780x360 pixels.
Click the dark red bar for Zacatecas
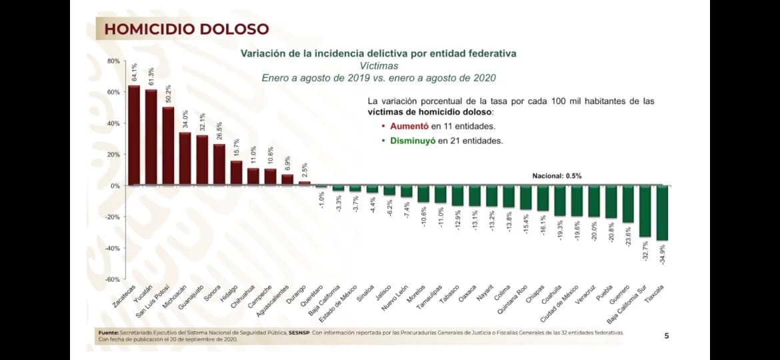click(x=134, y=135)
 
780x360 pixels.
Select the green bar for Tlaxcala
click(x=662, y=213)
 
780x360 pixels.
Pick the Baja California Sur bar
click(x=645, y=211)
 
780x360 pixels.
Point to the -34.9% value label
click(x=661, y=254)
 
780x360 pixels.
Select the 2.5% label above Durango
click(x=304, y=170)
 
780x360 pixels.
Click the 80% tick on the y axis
click(x=113, y=61)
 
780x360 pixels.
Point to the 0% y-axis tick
click(x=115, y=186)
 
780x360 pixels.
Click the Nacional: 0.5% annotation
click(x=557, y=176)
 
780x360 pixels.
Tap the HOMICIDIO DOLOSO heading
click(x=187, y=29)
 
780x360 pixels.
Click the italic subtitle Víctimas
click(x=379, y=66)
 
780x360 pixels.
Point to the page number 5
click(x=666, y=335)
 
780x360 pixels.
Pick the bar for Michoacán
click(x=185, y=159)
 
